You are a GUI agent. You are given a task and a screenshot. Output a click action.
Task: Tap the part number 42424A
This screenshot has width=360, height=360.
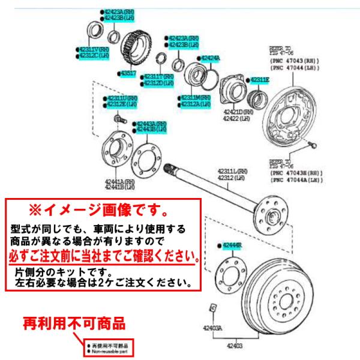pos(209,58)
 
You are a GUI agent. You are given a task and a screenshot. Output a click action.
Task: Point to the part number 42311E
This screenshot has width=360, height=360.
pos(259,80)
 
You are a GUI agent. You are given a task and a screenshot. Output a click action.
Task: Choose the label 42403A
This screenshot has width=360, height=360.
pos(211,329)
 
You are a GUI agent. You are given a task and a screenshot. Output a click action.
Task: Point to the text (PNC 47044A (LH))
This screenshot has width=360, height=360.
pos(295,179)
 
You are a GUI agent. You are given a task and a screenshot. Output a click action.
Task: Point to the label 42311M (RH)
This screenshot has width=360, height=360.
pos(196,97)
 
